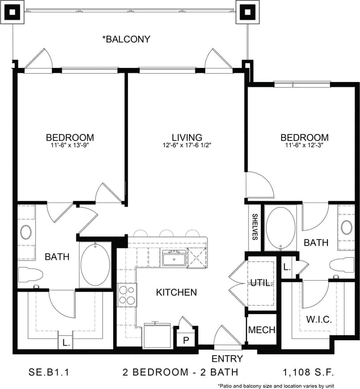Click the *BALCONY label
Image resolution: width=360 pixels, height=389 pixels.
click(x=126, y=39)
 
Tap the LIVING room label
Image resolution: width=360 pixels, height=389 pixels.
click(x=187, y=137)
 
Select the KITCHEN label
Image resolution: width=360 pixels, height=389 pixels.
click(x=176, y=293)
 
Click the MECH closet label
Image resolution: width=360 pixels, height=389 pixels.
click(x=261, y=330)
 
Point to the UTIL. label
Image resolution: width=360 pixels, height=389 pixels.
click(x=262, y=283)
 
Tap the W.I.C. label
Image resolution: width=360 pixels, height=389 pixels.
click(x=318, y=320)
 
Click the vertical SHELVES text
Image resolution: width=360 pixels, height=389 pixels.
click(x=255, y=227)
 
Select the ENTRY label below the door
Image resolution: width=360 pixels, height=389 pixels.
click(x=227, y=359)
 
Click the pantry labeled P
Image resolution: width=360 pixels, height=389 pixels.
click(x=185, y=340)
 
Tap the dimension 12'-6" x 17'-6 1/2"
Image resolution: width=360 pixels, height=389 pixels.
click(x=187, y=145)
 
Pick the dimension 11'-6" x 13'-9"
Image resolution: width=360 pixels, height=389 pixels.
click(x=70, y=145)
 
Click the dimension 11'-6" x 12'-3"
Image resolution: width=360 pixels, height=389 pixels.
click(x=305, y=145)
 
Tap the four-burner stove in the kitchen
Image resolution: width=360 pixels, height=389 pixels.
click(x=127, y=295)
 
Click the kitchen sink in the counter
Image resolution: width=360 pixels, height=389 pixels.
click(x=174, y=258)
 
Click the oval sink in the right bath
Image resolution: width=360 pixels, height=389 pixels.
click(x=347, y=227)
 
